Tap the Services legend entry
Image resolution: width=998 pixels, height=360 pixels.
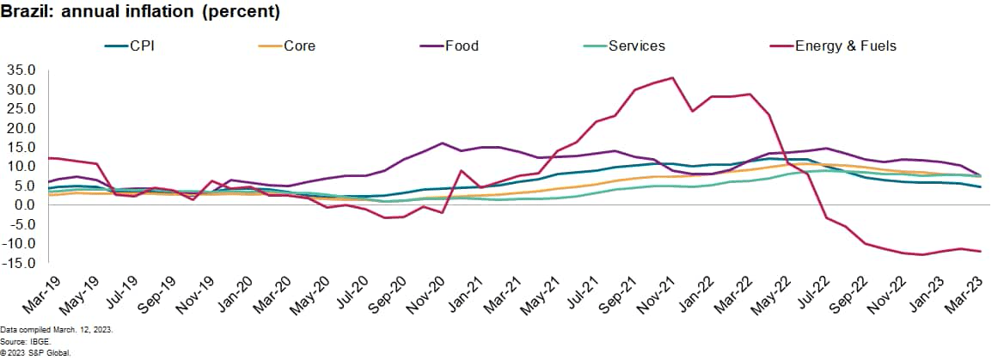[636, 46]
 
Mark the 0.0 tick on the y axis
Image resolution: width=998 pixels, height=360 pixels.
[24, 204]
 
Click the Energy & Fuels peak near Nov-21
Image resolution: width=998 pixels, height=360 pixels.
[671, 78]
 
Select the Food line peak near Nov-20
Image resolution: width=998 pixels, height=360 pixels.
[442, 143]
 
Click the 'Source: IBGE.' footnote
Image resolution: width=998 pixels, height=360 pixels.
[24, 341]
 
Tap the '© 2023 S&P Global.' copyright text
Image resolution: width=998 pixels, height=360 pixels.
[35, 352]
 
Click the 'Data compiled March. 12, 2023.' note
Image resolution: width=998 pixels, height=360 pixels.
[57, 330]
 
